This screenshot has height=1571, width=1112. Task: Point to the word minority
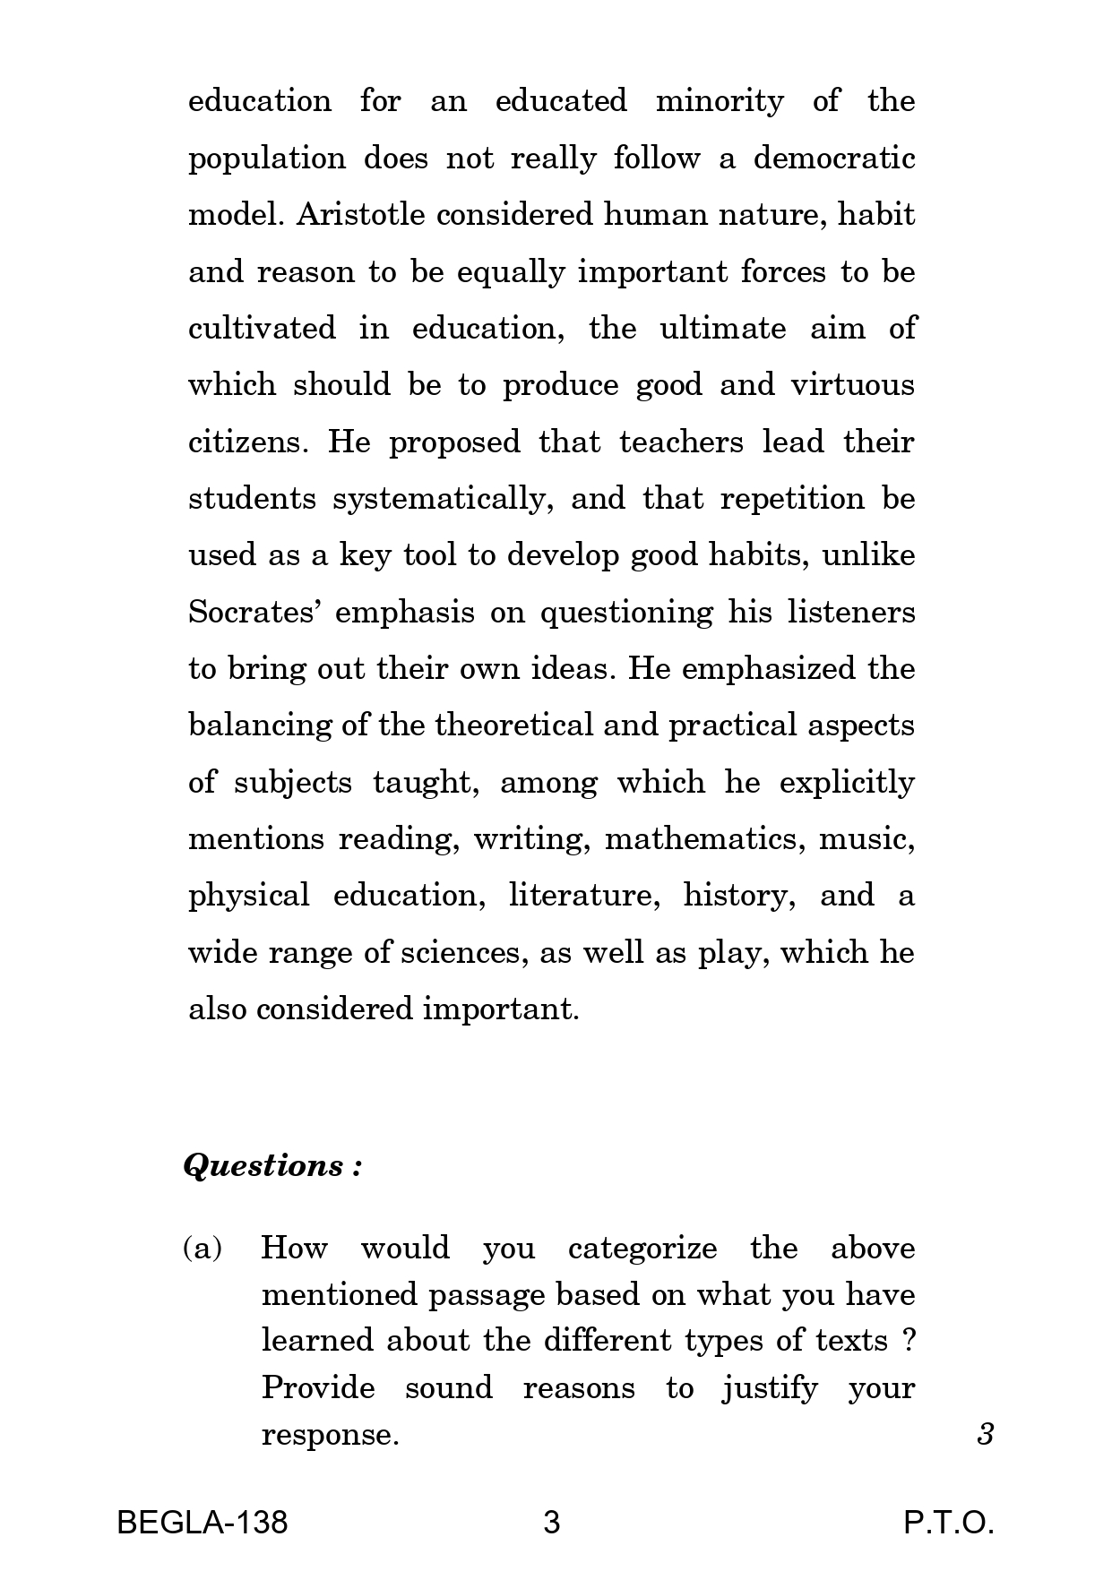click(x=720, y=101)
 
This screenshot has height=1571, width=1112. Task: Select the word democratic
click(x=833, y=159)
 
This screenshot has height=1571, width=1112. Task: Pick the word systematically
click(x=439, y=500)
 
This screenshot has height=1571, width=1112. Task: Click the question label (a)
click(x=203, y=1248)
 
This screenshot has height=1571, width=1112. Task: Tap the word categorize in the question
click(x=642, y=1249)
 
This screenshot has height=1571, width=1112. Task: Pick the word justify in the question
click(x=770, y=1388)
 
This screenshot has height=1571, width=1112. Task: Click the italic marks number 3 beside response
click(x=986, y=1435)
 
